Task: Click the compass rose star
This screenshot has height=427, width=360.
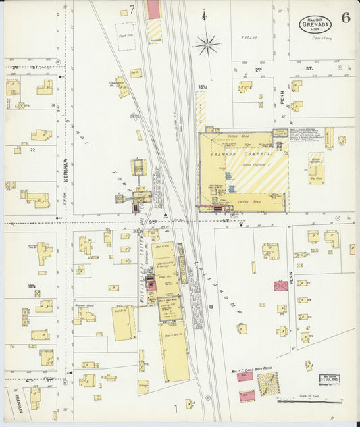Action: click(206, 45)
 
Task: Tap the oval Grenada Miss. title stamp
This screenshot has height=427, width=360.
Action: click(315, 24)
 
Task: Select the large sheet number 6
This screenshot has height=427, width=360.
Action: click(346, 18)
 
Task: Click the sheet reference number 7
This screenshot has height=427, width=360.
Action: click(132, 9)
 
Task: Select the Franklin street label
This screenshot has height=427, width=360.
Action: click(11, 401)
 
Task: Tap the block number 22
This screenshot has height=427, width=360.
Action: click(32, 151)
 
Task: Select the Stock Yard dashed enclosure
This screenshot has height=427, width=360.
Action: click(125, 36)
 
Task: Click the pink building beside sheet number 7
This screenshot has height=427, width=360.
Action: click(154, 9)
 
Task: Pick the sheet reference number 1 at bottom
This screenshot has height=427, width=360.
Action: click(175, 408)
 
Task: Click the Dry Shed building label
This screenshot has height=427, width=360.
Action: click(315, 178)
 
